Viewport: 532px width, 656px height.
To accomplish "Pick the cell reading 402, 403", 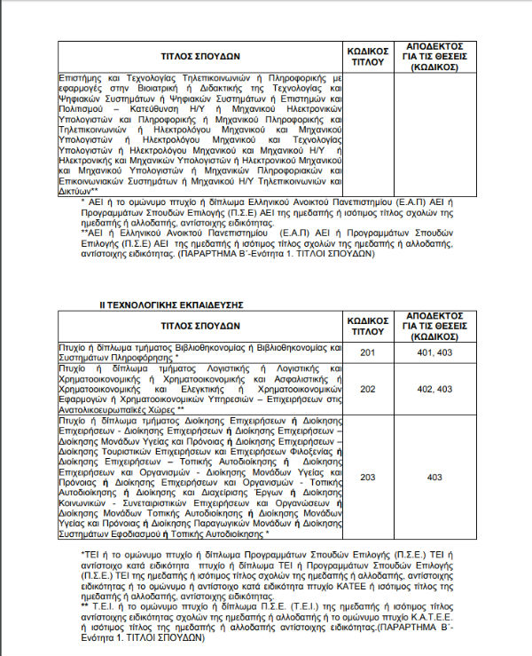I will click(x=434, y=389).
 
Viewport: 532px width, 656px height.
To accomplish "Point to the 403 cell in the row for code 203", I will click(x=434, y=477).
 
